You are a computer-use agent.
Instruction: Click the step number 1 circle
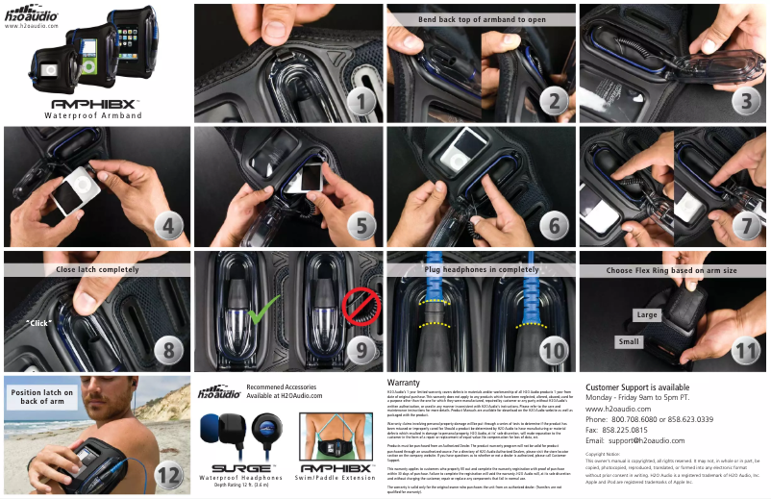click(361, 101)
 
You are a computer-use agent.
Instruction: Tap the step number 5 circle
click(361, 227)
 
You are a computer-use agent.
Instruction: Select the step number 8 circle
click(168, 351)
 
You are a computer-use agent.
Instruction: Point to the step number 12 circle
click(168, 474)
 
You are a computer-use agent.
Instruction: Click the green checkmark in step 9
click(261, 310)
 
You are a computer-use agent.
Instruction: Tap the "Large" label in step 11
click(647, 314)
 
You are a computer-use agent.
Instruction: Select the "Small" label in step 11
click(629, 341)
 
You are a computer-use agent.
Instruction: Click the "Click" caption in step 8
click(38, 323)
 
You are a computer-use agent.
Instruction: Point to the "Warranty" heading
click(403, 382)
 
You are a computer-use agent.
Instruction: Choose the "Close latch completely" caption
click(97, 270)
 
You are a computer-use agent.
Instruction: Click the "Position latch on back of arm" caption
click(41, 396)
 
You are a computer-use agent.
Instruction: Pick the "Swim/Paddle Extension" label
click(335, 477)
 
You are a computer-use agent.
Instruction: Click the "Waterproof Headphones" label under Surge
click(240, 477)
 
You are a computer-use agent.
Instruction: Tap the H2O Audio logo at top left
click(32, 14)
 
